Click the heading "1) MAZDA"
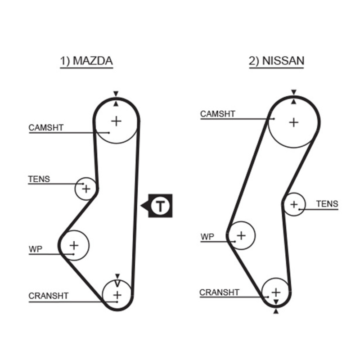coord(86,61)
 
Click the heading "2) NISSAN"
coord(276,61)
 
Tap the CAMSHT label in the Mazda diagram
coord(46,128)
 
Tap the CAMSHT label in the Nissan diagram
coord(218,114)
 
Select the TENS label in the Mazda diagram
coord(39,179)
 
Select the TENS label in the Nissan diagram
coord(327,204)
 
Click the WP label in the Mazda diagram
coord(35,249)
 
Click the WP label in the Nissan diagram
coord(207,236)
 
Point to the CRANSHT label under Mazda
coord(49,296)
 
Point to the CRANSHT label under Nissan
coord(219,292)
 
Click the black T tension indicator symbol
coord(160,206)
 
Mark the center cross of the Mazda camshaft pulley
coord(117,121)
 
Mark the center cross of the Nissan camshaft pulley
coord(294,121)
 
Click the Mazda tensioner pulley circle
coord(85,189)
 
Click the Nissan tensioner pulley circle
coord(294,205)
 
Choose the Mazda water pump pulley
coord(74,245)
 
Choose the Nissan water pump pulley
coord(241,235)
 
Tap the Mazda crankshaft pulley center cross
coord(117,295)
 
